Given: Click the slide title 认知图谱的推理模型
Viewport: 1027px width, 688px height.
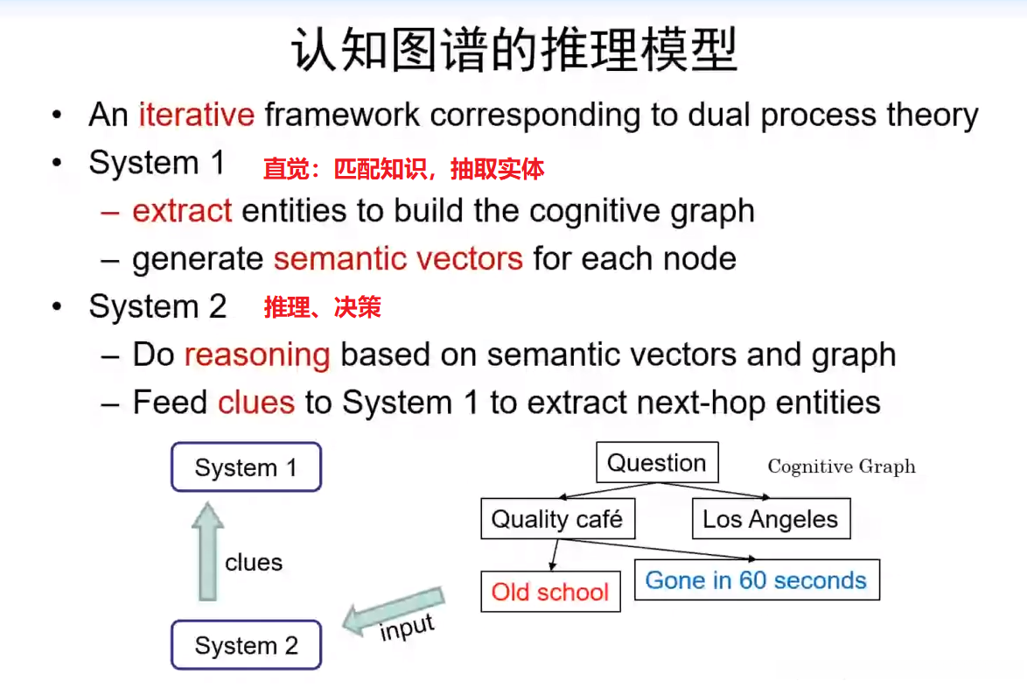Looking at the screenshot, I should (x=513, y=50).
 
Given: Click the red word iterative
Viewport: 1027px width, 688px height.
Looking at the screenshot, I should (x=196, y=115).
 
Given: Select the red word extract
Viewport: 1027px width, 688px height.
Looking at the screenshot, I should (x=182, y=211).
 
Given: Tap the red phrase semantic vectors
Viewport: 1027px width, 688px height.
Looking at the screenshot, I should (x=398, y=259).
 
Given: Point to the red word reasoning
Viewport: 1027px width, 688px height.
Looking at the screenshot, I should (x=257, y=355).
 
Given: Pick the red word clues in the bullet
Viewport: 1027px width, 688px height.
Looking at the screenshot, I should (x=256, y=402).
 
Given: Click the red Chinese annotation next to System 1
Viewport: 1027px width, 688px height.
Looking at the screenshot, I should (x=403, y=168).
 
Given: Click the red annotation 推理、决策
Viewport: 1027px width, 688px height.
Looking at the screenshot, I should (x=322, y=307).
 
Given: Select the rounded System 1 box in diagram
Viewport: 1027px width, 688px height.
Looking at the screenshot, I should (x=246, y=467).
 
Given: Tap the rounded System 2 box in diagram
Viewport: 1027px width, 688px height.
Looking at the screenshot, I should (x=246, y=646).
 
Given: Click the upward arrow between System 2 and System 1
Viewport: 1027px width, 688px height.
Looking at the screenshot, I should (x=207, y=551).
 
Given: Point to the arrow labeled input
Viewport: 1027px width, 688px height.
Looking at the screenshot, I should (x=393, y=615).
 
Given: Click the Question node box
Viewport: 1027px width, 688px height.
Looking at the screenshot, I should (x=656, y=463).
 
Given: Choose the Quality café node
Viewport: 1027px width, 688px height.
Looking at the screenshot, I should (x=557, y=519).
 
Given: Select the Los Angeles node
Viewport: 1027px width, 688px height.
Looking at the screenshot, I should (x=770, y=519).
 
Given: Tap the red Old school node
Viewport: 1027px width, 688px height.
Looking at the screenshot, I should (x=550, y=592).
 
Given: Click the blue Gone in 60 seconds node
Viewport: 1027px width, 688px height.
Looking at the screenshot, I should (x=756, y=580).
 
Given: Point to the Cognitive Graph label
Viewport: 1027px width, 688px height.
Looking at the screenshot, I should (x=842, y=467).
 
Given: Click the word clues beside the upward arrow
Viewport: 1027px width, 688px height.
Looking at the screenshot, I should (x=254, y=562).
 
